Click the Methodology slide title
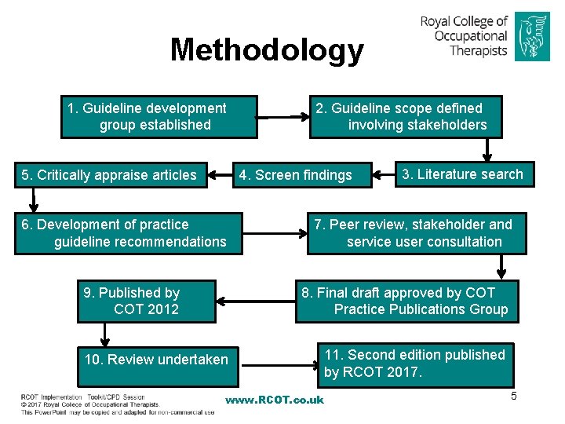coord(267,49)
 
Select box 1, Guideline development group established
coord(159,116)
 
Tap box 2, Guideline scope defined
coord(405,116)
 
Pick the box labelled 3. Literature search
coord(463,174)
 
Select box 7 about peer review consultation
coord(417,233)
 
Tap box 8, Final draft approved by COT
coord(406,301)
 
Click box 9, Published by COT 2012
coord(146,301)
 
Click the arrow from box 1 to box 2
coord(283,117)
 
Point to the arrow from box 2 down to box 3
coord(491,149)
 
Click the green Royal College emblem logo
coord(533,36)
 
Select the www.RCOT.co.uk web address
coord(274,400)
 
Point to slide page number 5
coord(514,396)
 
